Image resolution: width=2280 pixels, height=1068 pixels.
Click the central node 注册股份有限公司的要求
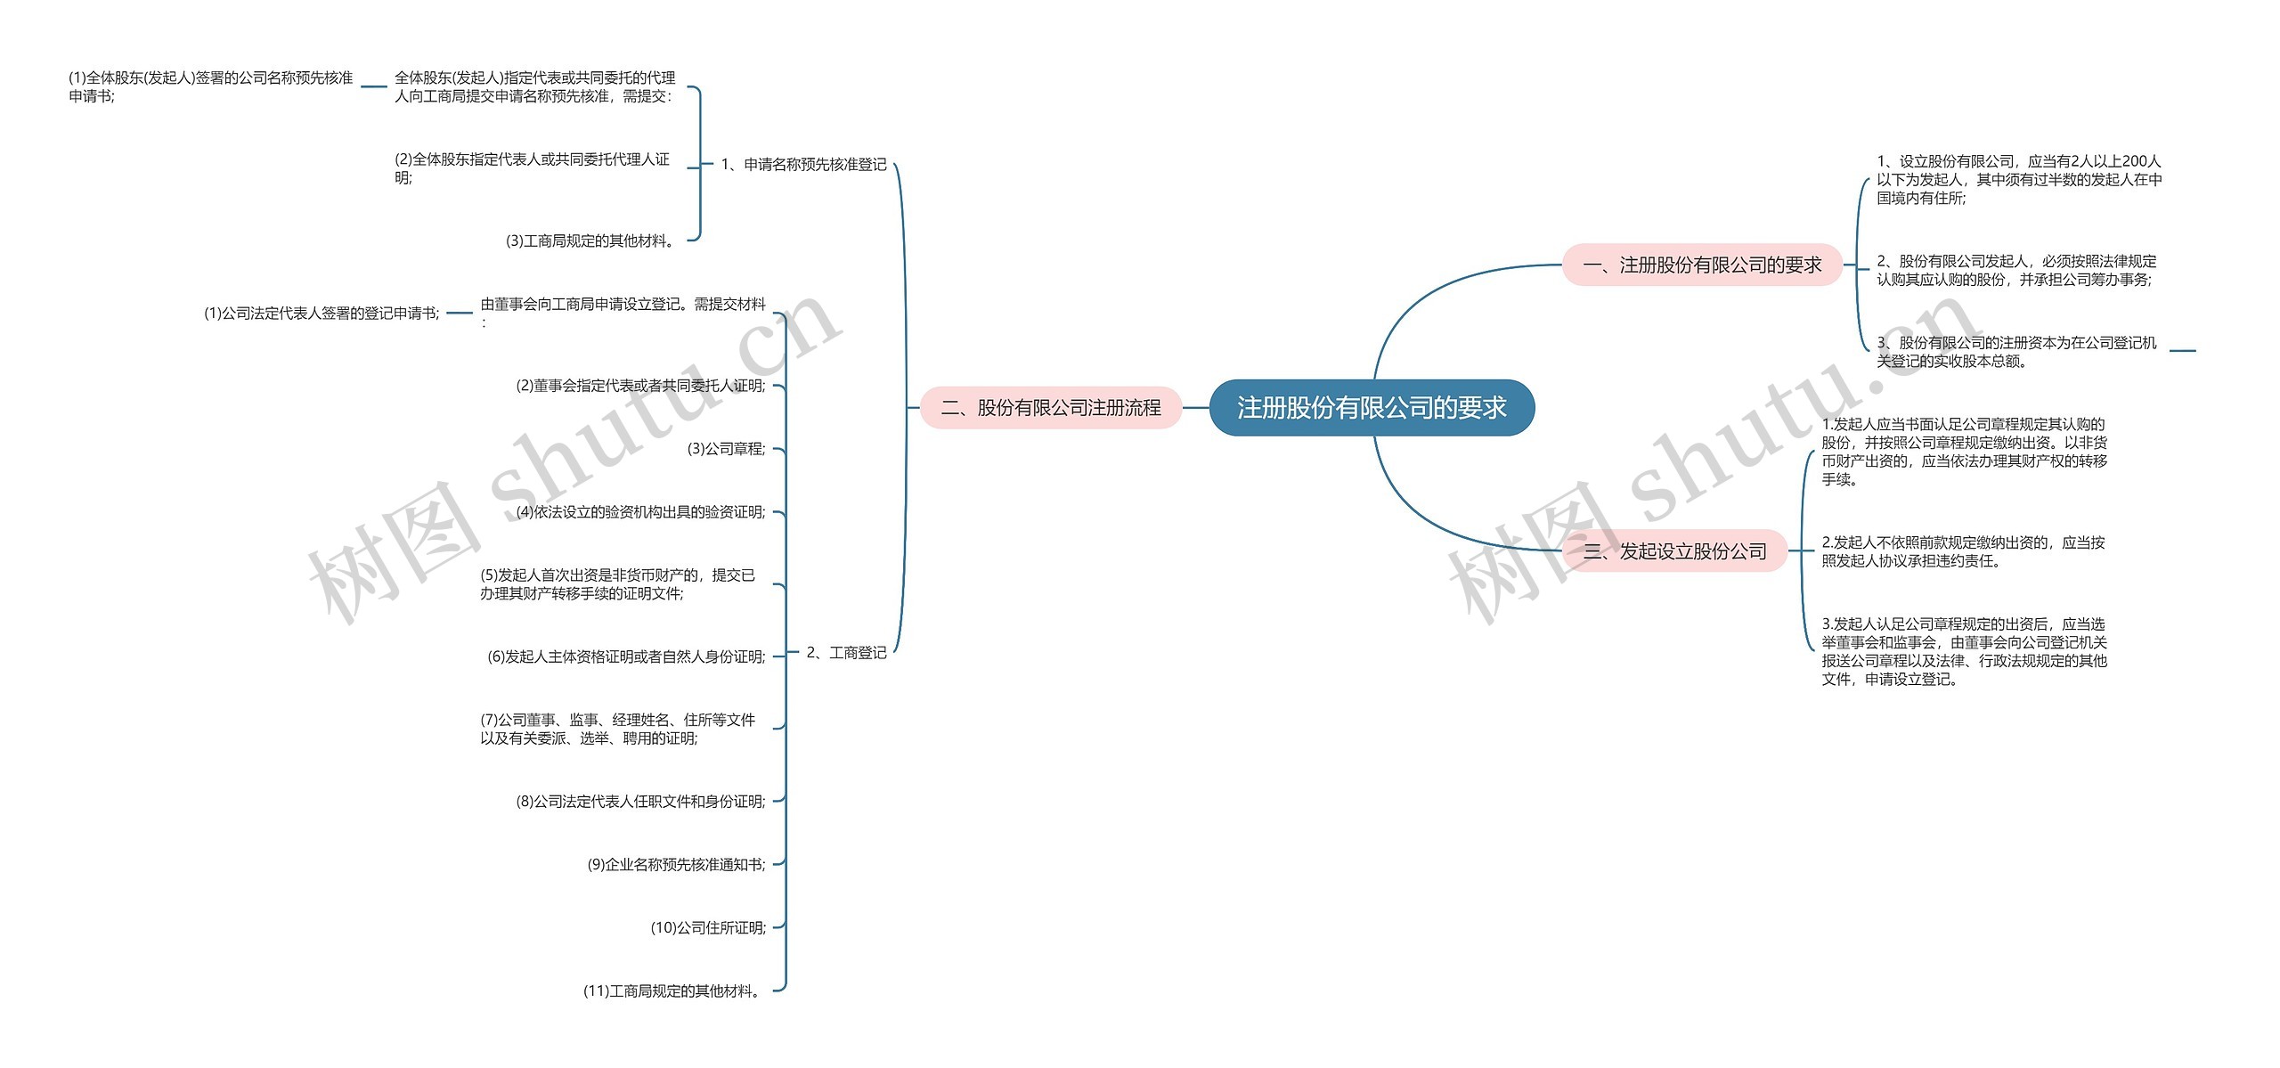1372,408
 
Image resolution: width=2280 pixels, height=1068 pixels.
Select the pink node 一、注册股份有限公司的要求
1702,265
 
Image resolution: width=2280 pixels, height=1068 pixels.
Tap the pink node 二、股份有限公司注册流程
1051,408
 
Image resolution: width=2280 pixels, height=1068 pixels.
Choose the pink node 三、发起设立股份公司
1675,551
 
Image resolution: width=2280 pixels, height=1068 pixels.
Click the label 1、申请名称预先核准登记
803,165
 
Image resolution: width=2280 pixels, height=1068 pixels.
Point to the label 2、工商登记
846,653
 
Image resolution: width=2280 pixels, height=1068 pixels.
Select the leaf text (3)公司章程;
726,449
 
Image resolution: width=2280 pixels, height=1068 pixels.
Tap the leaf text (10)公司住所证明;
708,928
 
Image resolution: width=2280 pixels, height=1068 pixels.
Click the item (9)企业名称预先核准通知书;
676,865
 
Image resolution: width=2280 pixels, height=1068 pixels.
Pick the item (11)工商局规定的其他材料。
673,991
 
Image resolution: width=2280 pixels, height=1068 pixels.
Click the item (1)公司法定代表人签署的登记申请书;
322,314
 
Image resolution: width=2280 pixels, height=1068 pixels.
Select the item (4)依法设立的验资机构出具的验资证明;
640,512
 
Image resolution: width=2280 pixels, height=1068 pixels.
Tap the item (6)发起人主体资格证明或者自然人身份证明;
626,657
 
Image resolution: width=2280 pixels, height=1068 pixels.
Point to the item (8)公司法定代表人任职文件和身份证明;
640,802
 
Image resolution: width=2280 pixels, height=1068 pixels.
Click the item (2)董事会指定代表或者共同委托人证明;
640,386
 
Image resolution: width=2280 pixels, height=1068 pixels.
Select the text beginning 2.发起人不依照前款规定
1963,551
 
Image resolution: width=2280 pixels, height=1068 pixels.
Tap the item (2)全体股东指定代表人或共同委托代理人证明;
532,168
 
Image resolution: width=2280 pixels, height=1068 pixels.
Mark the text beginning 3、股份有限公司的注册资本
2016,352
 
